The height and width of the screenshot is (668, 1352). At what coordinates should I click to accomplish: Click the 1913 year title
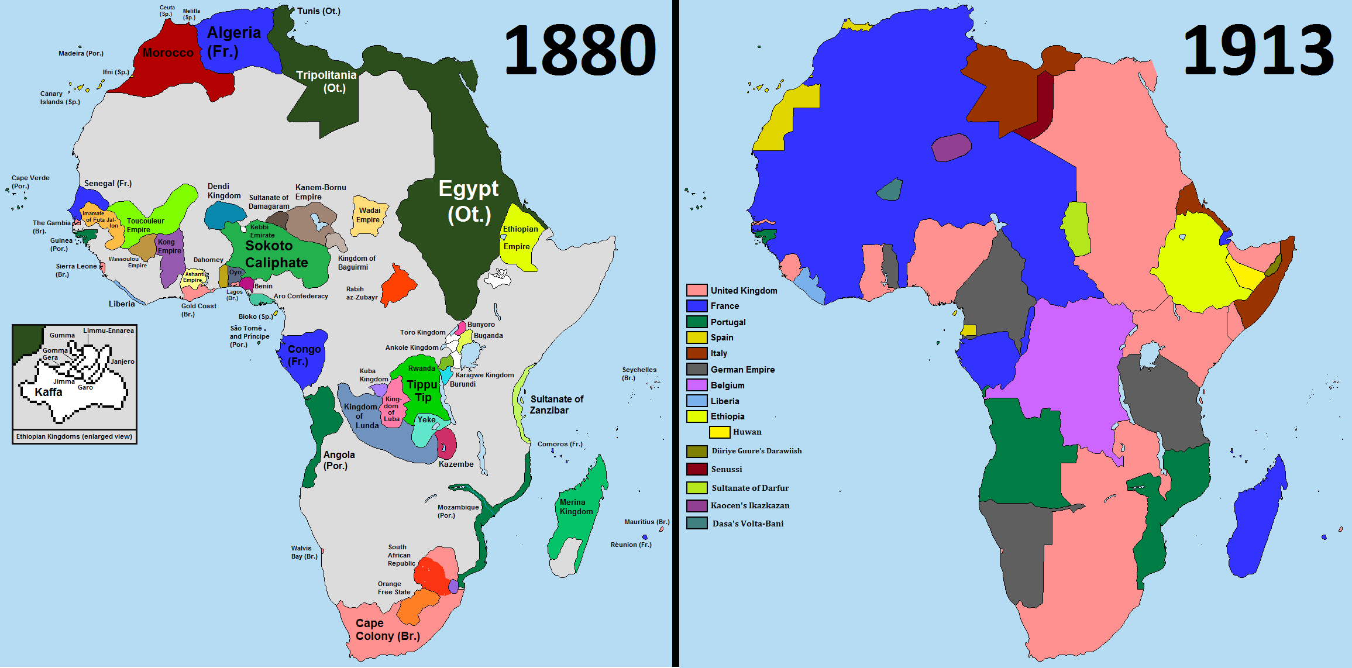(1258, 50)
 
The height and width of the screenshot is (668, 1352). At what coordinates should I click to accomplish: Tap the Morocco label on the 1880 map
(168, 53)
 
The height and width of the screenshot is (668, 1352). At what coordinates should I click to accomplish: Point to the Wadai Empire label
(369, 215)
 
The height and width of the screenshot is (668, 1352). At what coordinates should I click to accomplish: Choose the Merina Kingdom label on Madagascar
(576, 507)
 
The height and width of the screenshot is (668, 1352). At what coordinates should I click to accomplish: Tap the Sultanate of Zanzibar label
(556, 405)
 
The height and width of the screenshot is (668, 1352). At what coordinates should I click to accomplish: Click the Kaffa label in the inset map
(49, 392)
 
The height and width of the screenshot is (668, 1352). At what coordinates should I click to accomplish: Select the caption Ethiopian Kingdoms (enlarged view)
(74, 436)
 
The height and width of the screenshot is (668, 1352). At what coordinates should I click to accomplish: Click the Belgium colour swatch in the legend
(696, 385)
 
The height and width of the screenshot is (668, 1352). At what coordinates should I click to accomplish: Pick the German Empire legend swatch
(696, 369)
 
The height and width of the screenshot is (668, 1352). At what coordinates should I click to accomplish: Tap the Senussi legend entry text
(726, 469)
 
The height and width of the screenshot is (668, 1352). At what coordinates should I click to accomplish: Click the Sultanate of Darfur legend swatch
(696, 487)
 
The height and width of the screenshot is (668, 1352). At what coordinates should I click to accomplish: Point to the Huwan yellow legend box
(719, 432)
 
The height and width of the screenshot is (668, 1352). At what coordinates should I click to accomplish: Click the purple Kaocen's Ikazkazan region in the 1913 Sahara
(951, 147)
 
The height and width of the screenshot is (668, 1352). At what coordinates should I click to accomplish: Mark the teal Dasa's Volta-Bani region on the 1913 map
(890, 190)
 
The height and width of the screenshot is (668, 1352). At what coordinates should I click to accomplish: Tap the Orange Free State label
(394, 588)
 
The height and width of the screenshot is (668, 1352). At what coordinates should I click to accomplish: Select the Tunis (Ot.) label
(318, 11)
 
